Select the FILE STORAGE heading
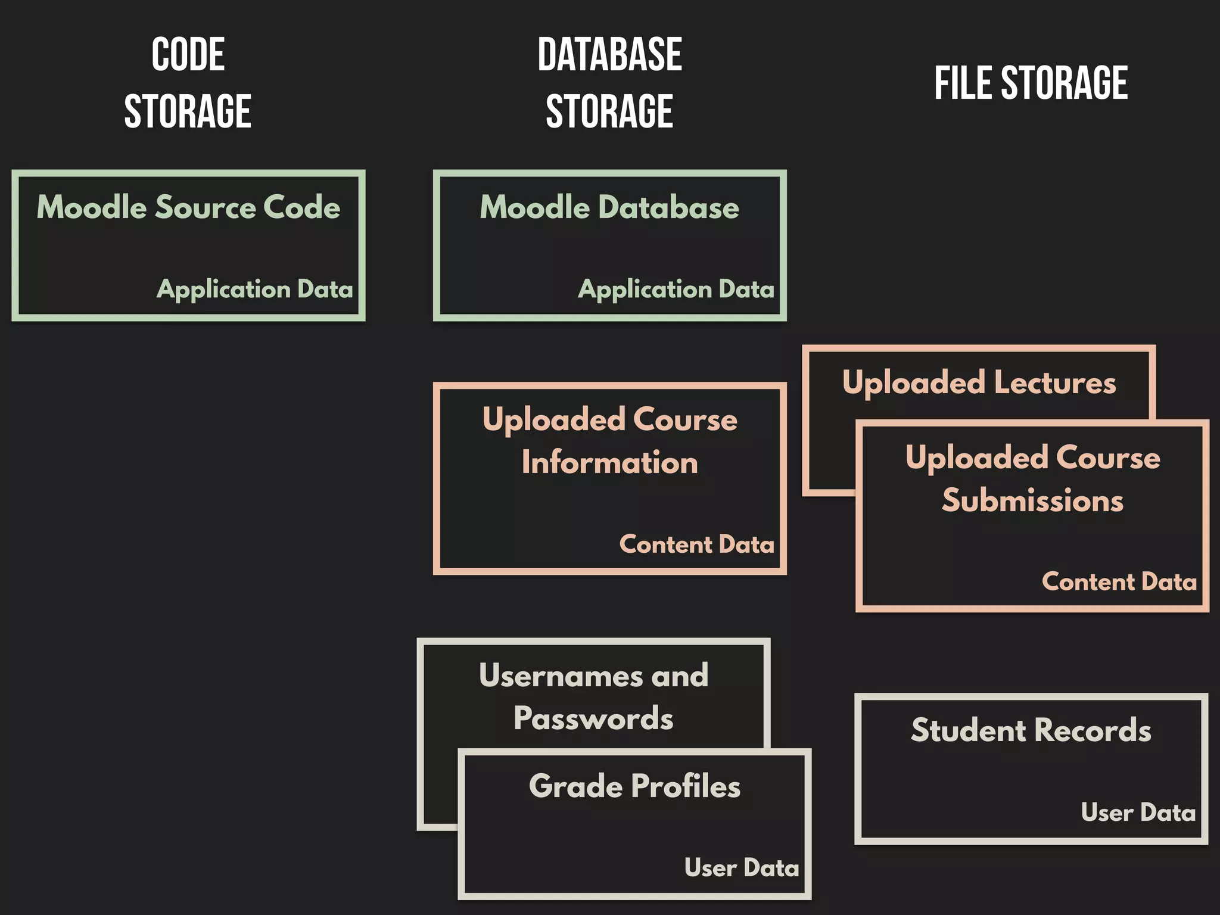point(1031,83)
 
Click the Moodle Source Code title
point(188,207)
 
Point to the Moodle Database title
point(609,207)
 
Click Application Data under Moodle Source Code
point(255,290)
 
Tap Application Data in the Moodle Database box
point(676,290)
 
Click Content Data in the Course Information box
point(696,544)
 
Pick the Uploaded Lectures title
point(979,382)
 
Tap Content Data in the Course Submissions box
point(1119,582)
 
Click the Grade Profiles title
point(634,786)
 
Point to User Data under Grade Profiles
point(742,868)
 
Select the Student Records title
point(1031,730)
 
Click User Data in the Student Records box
point(1138,813)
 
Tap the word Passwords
point(593,718)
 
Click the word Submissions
point(1032,500)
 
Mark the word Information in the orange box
point(609,463)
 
